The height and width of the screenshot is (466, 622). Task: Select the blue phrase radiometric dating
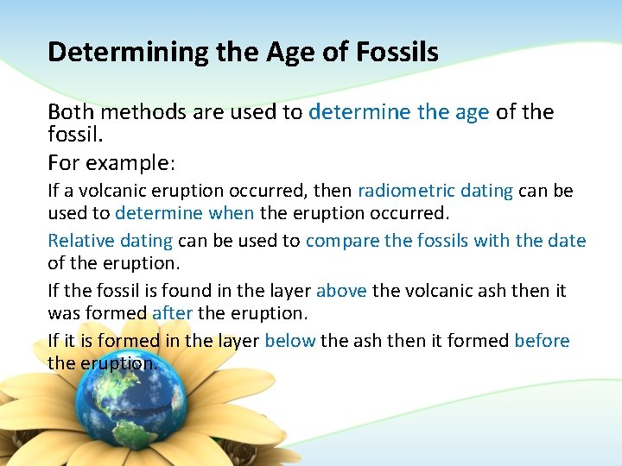[435, 191]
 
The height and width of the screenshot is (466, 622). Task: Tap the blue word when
[232, 213]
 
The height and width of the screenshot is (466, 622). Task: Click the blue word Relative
[79, 241]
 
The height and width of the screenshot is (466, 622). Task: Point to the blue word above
[341, 291]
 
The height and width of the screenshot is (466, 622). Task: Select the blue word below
[289, 341]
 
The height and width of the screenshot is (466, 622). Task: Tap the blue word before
[542, 341]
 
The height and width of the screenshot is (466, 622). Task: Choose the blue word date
[567, 241]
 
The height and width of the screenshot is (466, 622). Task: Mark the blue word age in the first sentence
[471, 112]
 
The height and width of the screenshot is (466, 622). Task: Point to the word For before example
[62, 164]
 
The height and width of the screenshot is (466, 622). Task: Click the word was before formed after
[64, 313]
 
